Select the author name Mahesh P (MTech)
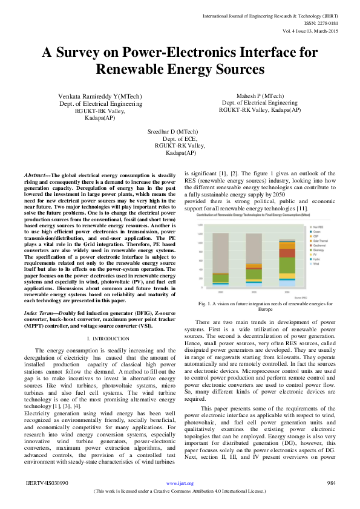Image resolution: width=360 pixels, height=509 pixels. pos(260,96)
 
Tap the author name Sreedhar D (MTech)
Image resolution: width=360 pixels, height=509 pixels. pos(172,132)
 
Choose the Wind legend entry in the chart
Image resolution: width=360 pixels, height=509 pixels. pos(316,264)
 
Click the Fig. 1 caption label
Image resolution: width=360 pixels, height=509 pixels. pos(205,303)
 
